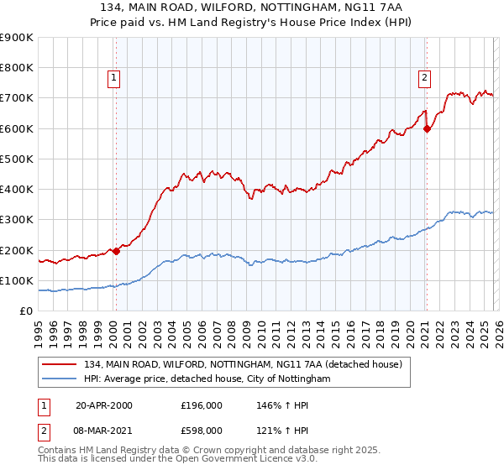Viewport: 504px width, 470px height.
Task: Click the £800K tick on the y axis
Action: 17,68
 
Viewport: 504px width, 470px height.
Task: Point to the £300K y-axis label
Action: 17,220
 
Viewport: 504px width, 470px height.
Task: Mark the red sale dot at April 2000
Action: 117,251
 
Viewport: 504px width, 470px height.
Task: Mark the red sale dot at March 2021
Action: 427,128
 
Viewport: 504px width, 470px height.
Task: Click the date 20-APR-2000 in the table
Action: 104,405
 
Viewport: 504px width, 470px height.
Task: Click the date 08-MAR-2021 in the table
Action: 104,431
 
